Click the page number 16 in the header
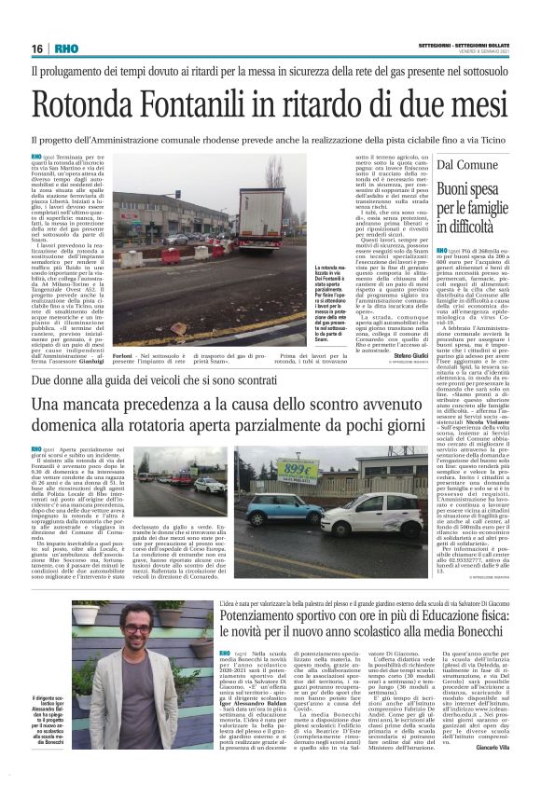tap(37, 48)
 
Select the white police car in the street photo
tap(208, 485)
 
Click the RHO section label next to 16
tap(66, 48)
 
